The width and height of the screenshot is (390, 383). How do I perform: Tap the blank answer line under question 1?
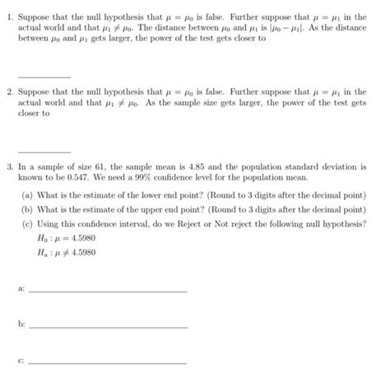pos(49,77)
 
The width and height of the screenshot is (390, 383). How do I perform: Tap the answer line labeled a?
pos(107,290)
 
